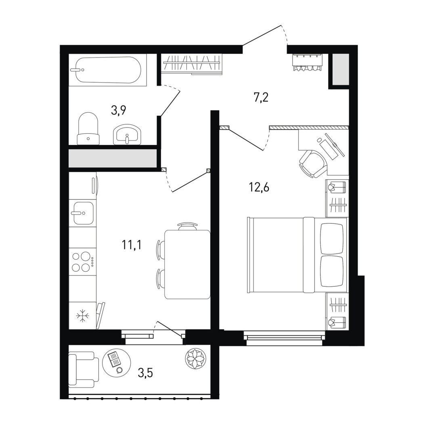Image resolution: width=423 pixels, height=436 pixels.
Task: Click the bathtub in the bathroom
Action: click(107, 70)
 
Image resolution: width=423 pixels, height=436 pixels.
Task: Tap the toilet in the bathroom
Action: click(88, 128)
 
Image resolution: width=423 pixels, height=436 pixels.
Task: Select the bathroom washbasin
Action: click(127, 134)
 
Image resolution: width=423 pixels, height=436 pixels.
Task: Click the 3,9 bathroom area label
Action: click(119, 110)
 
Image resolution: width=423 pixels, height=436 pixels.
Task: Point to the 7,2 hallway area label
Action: click(261, 98)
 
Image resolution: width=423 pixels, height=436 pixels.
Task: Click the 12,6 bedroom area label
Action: click(259, 188)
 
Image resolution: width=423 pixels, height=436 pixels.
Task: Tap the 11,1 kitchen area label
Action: click(132, 245)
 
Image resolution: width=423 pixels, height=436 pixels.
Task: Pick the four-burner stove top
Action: click(82, 262)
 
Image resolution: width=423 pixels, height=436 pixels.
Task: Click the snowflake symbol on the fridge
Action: click(83, 316)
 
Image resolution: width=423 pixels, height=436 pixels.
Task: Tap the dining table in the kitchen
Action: click(187, 264)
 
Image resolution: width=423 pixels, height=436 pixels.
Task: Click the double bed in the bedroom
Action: click(297, 255)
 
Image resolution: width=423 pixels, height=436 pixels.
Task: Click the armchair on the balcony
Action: click(84, 369)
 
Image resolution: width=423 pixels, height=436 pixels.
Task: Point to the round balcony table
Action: click(117, 361)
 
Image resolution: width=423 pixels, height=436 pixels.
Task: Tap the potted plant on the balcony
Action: click(196, 358)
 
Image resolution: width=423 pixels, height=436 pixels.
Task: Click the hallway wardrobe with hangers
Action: click(192, 64)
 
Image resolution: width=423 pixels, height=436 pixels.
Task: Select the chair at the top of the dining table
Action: click(188, 226)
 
